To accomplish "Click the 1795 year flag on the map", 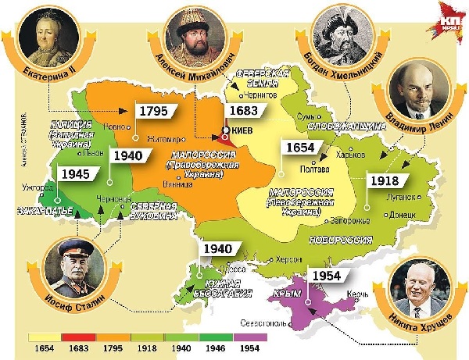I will click(x=153, y=110).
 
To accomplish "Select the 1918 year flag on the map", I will click(x=385, y=180).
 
